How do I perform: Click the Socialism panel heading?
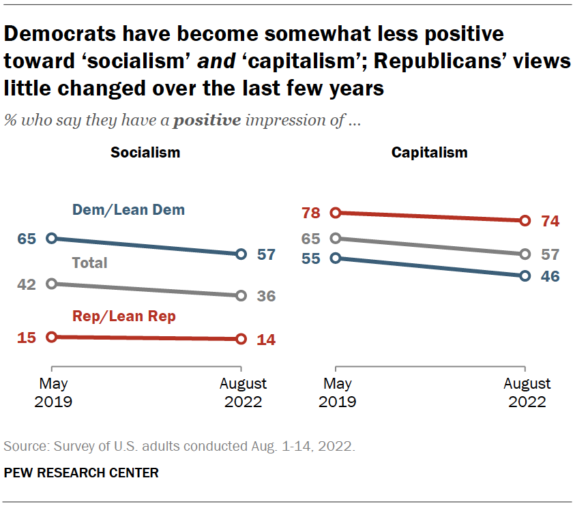tap(145, 152)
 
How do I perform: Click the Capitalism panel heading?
tap(429, 152)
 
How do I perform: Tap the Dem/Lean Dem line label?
tap(129, 210)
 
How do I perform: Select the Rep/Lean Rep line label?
tap(124, 316)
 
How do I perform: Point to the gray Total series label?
tap(90, 263)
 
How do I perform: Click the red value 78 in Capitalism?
tap(310, 213)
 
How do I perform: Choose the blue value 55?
tap(310, 258)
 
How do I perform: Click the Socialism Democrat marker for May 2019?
tap(50, 239)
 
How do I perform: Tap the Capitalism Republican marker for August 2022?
tap(525, 220)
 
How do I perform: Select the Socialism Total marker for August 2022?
tap(241, 296)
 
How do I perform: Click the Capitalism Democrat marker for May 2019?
tap(334, 258)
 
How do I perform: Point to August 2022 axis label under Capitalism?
tap(527, 393)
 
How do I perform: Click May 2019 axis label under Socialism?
tap(53, 393)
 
